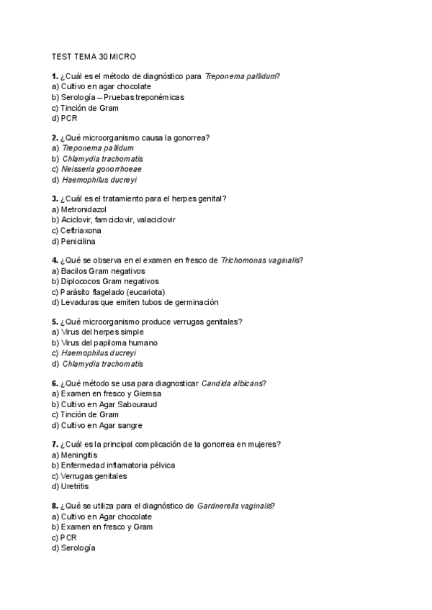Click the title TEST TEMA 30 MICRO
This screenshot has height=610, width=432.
[x=94, y=55]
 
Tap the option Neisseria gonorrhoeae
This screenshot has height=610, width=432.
[x=102, y=169]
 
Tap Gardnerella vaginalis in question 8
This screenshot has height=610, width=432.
[x=234, y=506]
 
